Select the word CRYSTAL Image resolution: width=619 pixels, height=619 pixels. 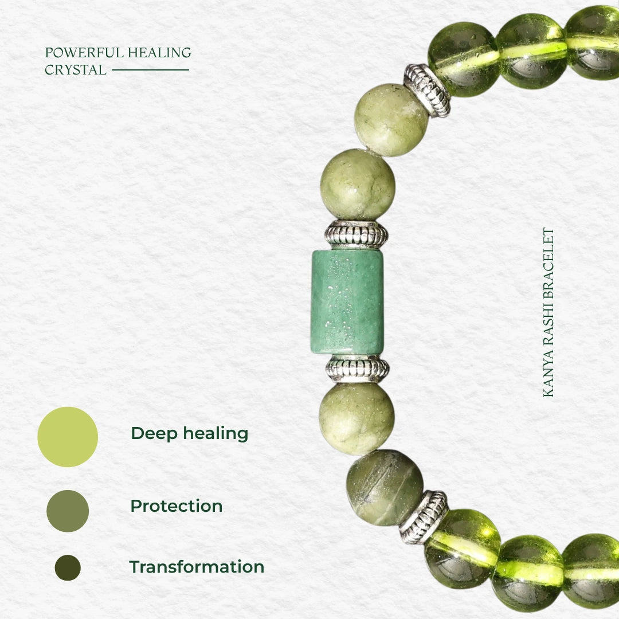(76, 70)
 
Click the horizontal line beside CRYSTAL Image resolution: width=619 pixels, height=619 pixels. (150, 70)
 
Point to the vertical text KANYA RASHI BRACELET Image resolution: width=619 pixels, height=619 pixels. (549, 312)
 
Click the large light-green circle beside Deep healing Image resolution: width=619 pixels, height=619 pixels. (68, 437)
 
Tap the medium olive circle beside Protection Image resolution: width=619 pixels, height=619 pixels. (68, 511)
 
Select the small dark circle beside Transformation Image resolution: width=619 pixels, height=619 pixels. (68, 567)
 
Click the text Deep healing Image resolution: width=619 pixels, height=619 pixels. (190, 433)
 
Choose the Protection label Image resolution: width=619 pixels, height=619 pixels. (177, 506)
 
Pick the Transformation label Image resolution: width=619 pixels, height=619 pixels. (197, 566)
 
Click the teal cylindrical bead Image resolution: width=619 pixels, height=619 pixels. (348, 302)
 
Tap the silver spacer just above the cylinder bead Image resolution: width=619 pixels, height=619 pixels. (356, 234)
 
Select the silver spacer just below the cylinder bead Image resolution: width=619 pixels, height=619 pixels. (357, 369)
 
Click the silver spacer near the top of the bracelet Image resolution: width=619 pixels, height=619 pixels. (426, 91)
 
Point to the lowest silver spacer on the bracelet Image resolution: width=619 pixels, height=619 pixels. (424, 517)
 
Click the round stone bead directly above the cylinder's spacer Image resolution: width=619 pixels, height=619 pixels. (358, 185)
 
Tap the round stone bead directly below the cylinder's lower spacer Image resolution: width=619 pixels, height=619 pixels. (357, 419)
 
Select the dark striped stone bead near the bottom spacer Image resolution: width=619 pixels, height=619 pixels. (385, 488)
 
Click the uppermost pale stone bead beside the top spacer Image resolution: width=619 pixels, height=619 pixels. (391, 120)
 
